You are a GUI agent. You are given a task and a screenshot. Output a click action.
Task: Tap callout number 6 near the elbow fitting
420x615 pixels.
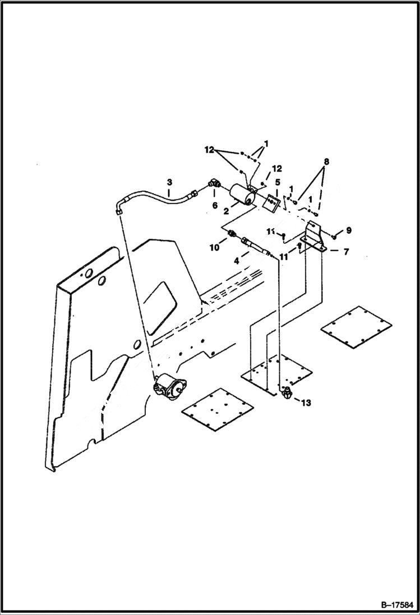coord(215,206)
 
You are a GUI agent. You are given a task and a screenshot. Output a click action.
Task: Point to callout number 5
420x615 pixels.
coord(278,183)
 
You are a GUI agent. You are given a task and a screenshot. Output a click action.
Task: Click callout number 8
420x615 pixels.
coord(326,161)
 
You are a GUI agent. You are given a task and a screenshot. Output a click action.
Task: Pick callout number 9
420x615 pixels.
coord(348,230)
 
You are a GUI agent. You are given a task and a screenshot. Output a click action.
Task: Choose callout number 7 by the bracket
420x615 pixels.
coord(346,252)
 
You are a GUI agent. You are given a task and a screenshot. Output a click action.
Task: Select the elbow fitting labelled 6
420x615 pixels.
coord(215,183)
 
